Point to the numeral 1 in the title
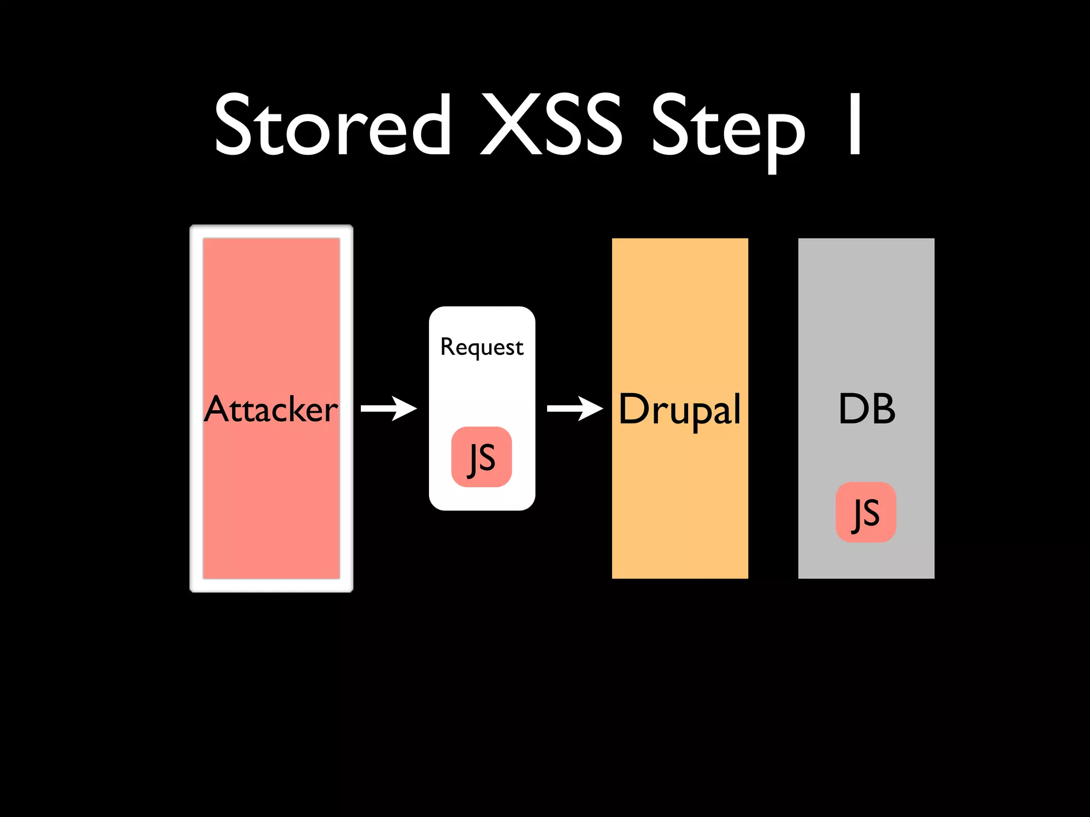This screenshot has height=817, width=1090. pyautogui.click(x=855, y=125)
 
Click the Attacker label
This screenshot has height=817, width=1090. pyautogui.click(x=271, y=409)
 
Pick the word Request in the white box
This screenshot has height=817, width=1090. pyautogui.click(x=482, y=347)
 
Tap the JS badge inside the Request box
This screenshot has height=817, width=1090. pyautogui.click(x=482, y=457)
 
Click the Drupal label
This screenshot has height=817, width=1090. pyautogui.click(x=680, y=409)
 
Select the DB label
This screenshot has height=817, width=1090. pyautogui.click(x=866, y=409)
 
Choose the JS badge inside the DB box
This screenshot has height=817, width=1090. pyautogui.click(x=866, y=512)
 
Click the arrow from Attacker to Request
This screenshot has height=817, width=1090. pyautogui.click(x=389, y=408)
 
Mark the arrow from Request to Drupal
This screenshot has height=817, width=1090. pyautogui.click(x=575, y=408)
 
